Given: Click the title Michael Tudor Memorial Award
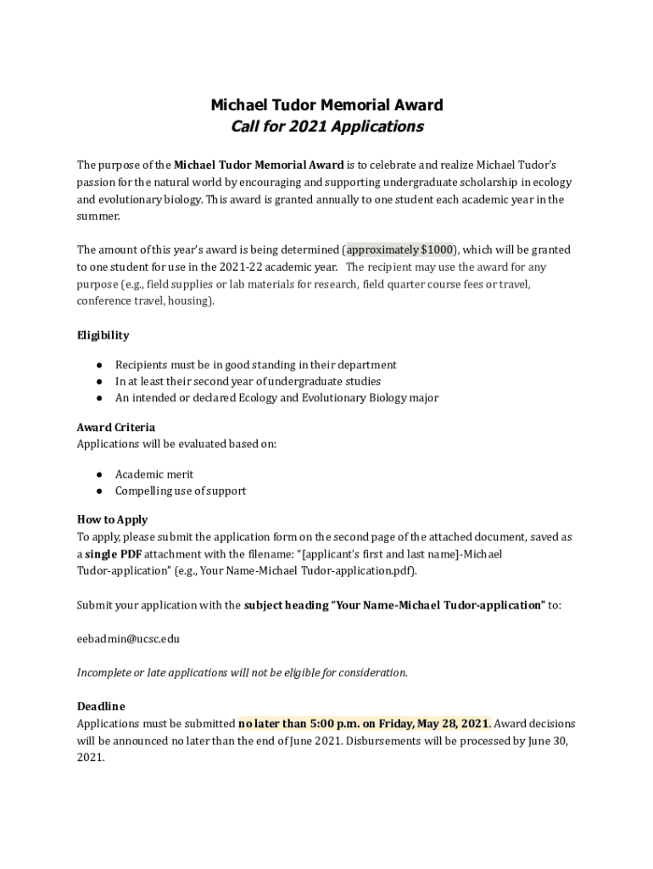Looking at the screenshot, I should pyautogui.click(x=326, y=105).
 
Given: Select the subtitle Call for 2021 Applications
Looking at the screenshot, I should pyautogui.click(x=326, y=126).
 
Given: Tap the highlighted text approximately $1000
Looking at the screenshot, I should pyautogui.click(x=399, y=249).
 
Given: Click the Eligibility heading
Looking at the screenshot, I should pyautogui.click(x=103, y=335).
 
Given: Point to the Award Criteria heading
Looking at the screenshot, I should pyautogui.click(x=116, y=428).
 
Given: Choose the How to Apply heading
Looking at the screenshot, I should pyautogui.click(x=112, y=520).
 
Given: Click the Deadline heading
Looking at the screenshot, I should pyautogui.click(x=101, y=706).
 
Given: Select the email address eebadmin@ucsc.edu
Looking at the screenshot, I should pyautogui.click(x=128, y=638).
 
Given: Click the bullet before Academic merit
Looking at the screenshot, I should pyautogui.click(x=99, y=474).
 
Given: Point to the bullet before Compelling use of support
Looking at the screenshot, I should pyautogui.click(x=99, y=491).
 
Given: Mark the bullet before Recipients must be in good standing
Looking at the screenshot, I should pyautogui.click(x=99, y=365).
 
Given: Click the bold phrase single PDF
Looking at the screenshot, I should pyautogui.click(x=113, y=554).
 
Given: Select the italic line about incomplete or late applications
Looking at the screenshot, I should pyautogui.click(x=243, y=673).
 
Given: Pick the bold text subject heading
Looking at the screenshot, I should pyautogui.click(x=284, y=605).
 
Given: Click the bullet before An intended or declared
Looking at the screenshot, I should pyautogui.click(x=99, y=398).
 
